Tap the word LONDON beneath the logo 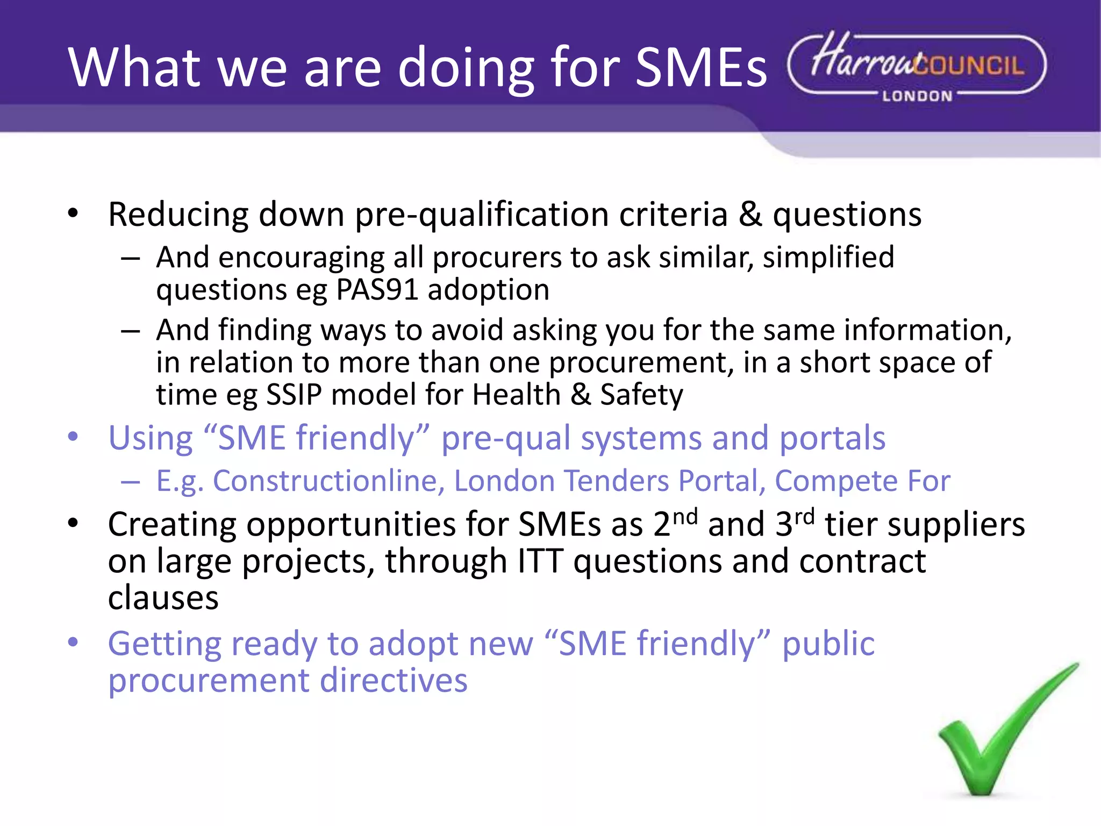(x=917, y=96)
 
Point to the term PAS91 (x=377, y=290)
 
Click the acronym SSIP (x=294, y=395)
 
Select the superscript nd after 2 (x=685, y=517)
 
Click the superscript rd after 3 (x=804, y=517)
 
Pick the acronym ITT (x=540, y=561)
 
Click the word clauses (x=163, y=598)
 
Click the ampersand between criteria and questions (x=750, y=215)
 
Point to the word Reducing (x=178, y=216)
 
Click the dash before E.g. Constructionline (x=131, y=482)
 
